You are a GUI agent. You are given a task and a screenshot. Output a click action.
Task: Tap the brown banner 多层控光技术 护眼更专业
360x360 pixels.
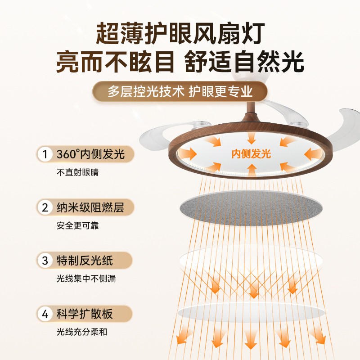tap(180, 92)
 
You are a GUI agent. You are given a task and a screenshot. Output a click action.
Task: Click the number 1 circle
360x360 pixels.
tap(45, 154)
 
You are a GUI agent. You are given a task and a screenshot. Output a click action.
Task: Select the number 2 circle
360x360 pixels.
tap(45, 207)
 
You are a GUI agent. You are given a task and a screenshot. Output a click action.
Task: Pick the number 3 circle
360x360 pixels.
tap(45, 261)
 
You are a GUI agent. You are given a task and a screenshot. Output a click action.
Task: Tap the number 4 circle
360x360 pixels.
tap(45, 314)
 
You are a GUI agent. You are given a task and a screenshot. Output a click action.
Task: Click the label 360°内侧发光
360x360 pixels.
tap(90, 154)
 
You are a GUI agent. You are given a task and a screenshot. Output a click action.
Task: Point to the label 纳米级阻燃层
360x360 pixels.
tap(90, 207)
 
